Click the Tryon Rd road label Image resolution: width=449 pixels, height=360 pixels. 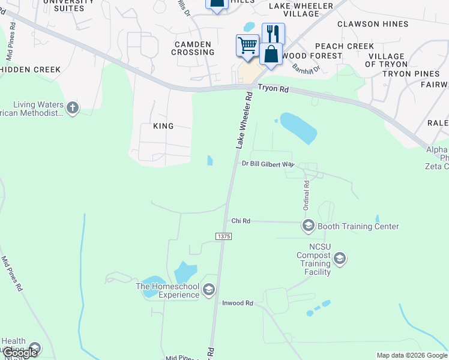(274, 89)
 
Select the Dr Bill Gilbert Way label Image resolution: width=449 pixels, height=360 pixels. (268, 164)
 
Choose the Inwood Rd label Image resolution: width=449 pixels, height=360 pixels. (238, 304)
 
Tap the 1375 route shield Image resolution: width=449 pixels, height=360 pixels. (223, 236)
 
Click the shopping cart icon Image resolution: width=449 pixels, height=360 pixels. (247, 45)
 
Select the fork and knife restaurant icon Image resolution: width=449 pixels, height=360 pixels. (273, 32)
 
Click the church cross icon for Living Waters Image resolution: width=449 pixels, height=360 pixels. (73, 108)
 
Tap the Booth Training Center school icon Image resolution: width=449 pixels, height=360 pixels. (309, 226)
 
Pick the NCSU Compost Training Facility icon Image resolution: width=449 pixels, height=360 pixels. (339, 259)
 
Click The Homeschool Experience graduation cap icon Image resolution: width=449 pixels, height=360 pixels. (208, 290)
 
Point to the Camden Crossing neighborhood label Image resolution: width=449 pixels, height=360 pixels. (193, 48)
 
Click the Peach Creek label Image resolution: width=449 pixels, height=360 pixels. (345, 46)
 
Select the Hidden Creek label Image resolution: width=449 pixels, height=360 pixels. (30, 70)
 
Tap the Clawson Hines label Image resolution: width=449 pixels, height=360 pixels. (373, 24)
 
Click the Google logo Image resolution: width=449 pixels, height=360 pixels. (19, 353)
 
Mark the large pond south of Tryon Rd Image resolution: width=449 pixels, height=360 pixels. (298, 128)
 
